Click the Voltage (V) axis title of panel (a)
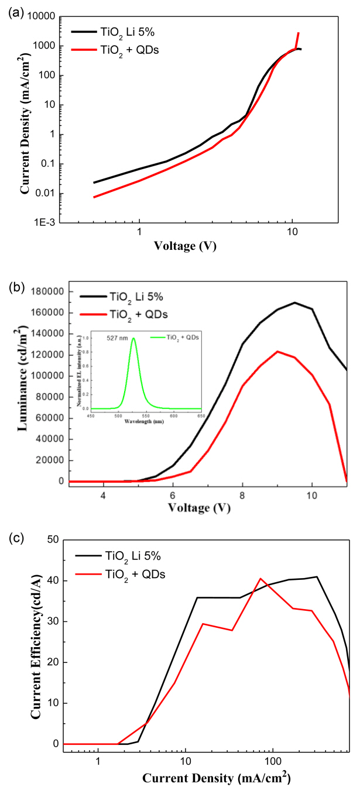click(185, 246)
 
